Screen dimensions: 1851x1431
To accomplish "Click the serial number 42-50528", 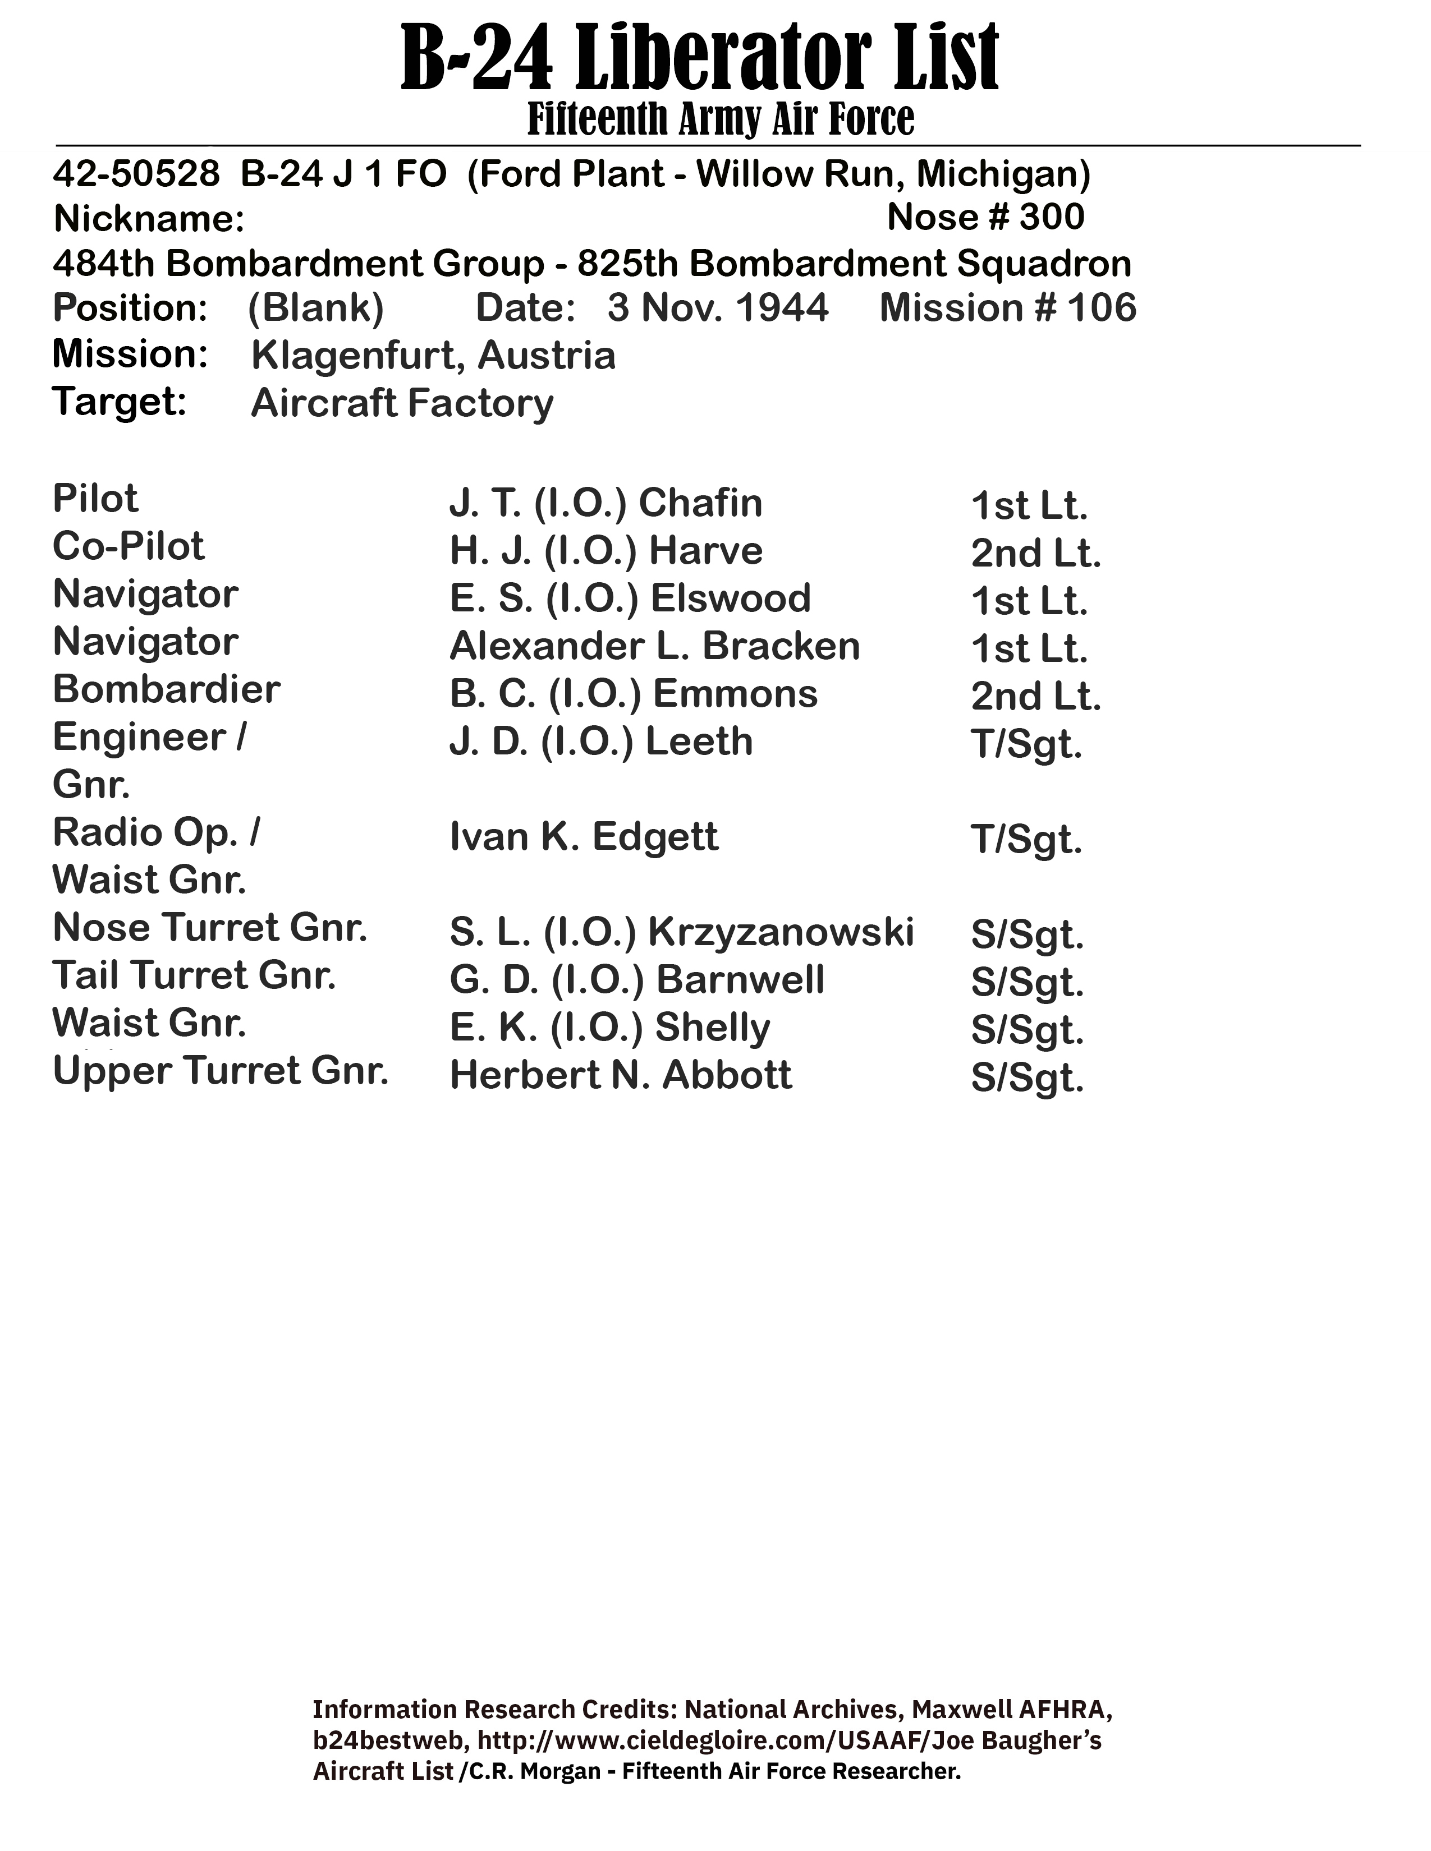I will (x=136, y=174).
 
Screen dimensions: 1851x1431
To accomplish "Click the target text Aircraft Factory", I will (x=402, y=403).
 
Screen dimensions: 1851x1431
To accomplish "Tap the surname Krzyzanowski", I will (x=781, y=932).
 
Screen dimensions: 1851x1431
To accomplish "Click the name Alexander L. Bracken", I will (x=654, y=646).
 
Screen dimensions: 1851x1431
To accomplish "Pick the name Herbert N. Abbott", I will (x=621, y=1075).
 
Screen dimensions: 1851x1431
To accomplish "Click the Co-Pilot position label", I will (x=128, y=547).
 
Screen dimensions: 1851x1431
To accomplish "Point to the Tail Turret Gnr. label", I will (x=194, y=975).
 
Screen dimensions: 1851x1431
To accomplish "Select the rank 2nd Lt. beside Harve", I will (x=1035, y=554).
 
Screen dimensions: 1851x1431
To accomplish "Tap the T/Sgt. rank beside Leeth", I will (x=1026, y=744).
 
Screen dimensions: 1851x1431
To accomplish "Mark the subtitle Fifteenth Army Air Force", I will (x=721, y=119).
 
